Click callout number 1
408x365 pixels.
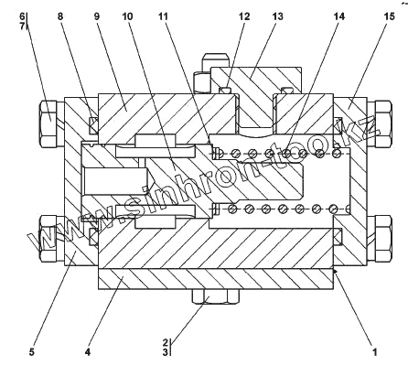click(x=375, y=352)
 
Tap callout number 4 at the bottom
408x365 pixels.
click(x=88, y=352)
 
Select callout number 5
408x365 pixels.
click(x=32, y=352)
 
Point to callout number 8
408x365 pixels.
click(x=60, y=16)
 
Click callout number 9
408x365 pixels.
click(x=97, y=16)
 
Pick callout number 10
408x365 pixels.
click(x=127, y=16)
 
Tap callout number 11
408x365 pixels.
click(x=163, y=16)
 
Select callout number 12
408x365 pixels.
click(x=244, y=16)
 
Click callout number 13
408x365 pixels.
click(x=278, y=16)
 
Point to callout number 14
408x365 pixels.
click(x=338, y=16)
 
